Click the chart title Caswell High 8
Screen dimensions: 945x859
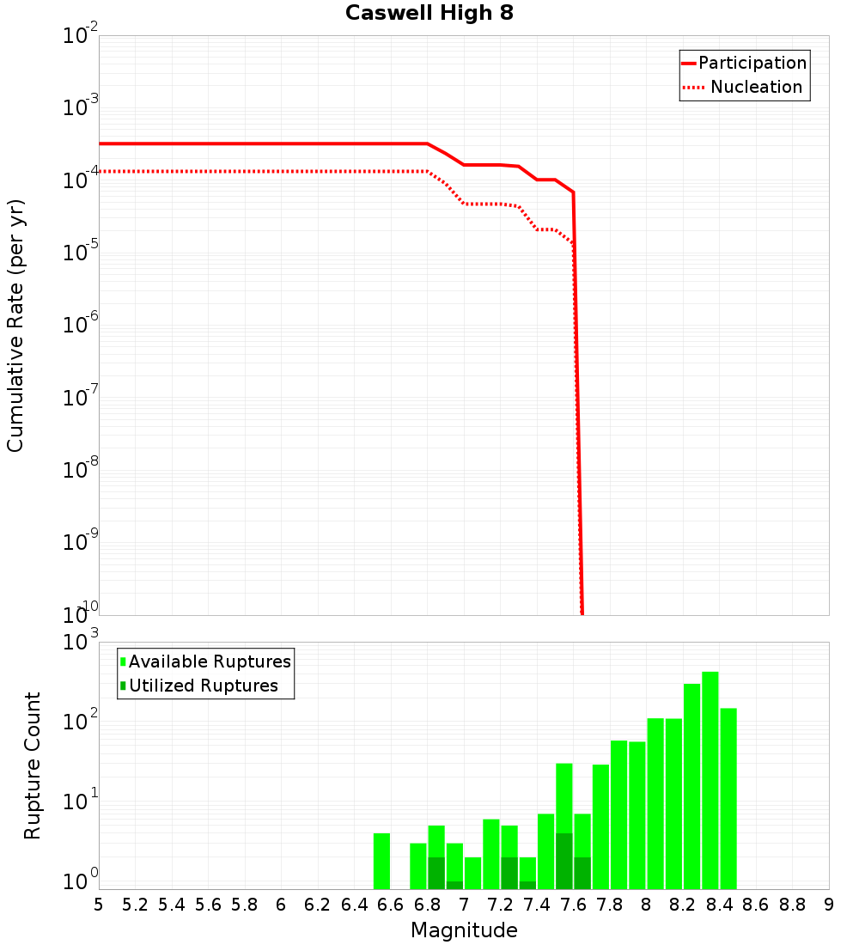pyautogui.click(x=429, y=13)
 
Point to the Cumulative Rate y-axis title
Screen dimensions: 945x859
pyautogui.click(x=15, y=326)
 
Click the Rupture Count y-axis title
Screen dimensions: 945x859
pyautogui.click(x=33, y=765)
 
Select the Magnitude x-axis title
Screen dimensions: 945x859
pyautogui.click(x=464, y=930)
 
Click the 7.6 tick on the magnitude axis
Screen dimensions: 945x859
pyautogui.click(x=573, y=905)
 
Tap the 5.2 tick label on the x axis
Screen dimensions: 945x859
pyautogui.click(x=135, y=905)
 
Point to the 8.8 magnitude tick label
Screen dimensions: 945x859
pyautogui.click(x=792, y=905)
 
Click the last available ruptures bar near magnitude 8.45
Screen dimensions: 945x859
pyautogui.click(x=728, y=798)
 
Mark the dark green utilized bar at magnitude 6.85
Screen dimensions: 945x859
pyautogui.click(x=436, y=873)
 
